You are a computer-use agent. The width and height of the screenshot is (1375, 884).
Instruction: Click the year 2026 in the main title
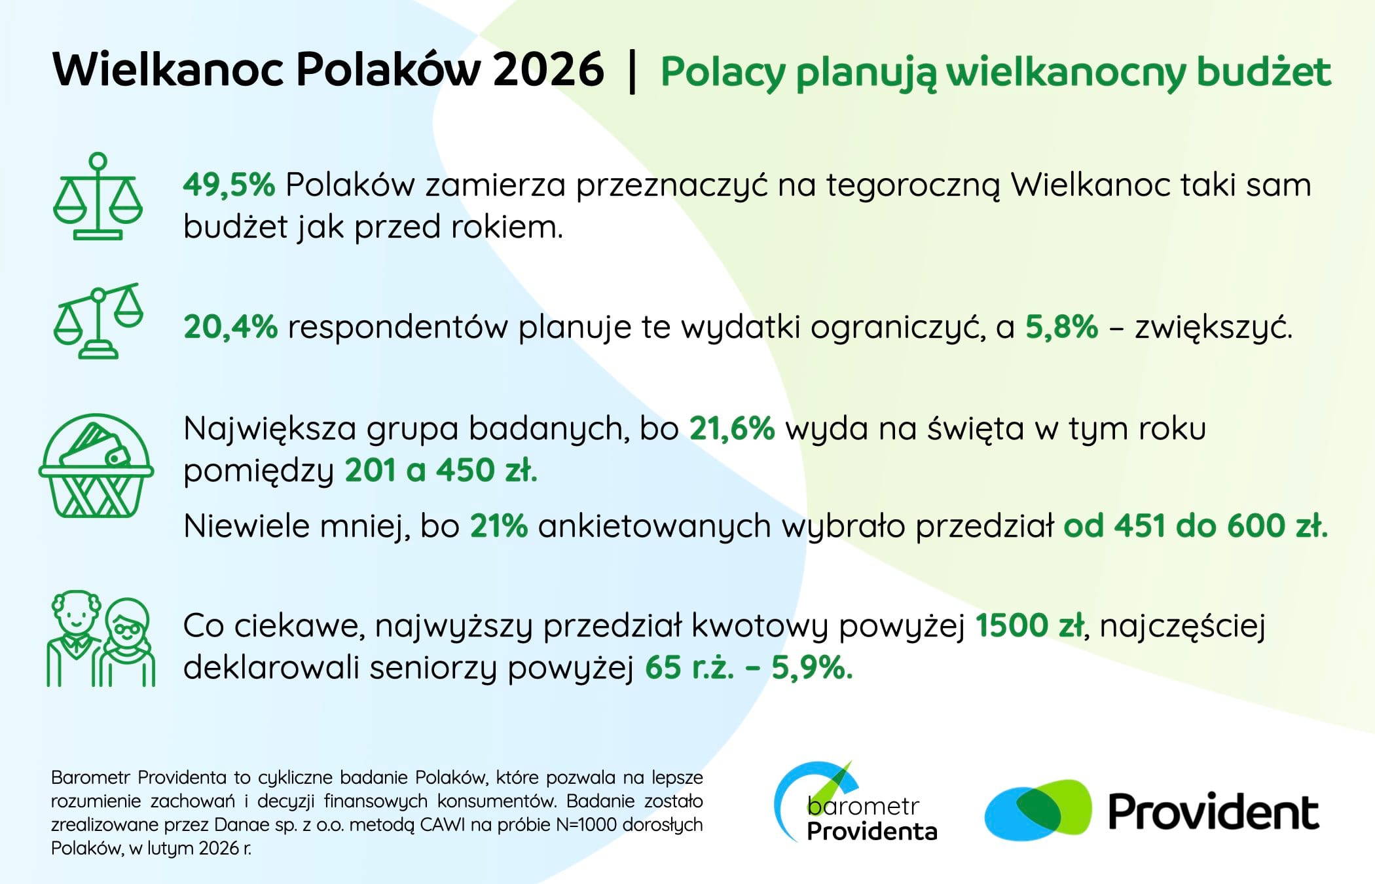pos(548,69)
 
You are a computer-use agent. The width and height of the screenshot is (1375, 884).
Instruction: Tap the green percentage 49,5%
pos(229,185)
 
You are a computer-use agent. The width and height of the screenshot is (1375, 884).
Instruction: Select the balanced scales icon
pos(98,196)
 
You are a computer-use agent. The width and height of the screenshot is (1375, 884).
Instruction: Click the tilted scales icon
pos(98,321)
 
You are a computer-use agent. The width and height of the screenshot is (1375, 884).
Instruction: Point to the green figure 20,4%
pos(230,327)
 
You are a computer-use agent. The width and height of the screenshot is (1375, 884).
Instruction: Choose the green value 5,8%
pos(1061,327)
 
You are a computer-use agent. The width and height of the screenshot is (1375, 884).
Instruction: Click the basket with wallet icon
pos(96,466)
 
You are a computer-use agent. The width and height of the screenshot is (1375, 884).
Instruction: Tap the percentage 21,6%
pos(732,429)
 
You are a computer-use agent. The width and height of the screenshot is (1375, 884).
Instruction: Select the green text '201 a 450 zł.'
pos(441,470)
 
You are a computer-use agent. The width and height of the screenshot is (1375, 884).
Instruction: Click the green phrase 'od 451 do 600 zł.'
pos(1196,526)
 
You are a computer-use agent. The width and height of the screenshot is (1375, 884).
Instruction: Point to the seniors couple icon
pos(100,638)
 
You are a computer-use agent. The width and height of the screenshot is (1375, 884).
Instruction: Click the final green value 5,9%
pos(812,668)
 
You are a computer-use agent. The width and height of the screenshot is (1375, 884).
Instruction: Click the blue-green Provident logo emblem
pos(1038,810)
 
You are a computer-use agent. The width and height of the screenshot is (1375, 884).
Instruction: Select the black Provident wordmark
pos(1213,813)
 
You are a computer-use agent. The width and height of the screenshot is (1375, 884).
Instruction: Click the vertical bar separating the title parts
pos(632,72)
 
